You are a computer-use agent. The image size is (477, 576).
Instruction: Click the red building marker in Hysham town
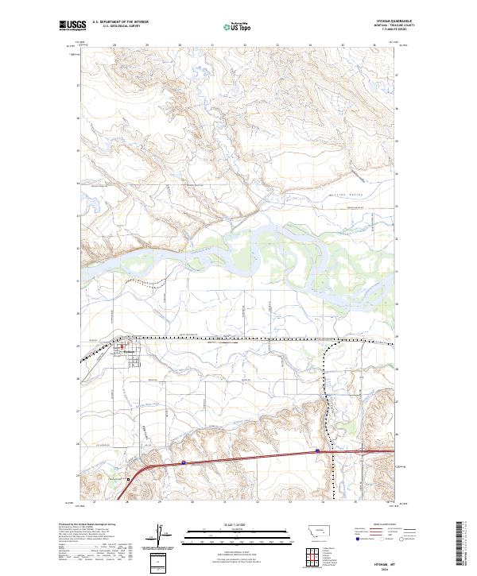pos(122,345)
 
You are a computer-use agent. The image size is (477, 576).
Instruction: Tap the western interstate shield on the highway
pos(183,460)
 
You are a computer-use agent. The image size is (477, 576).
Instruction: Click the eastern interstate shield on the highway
pos(318,450)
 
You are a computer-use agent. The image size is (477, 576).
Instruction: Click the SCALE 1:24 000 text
pos(238,524)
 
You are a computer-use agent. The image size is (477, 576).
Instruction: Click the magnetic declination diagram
pos(158,536)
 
